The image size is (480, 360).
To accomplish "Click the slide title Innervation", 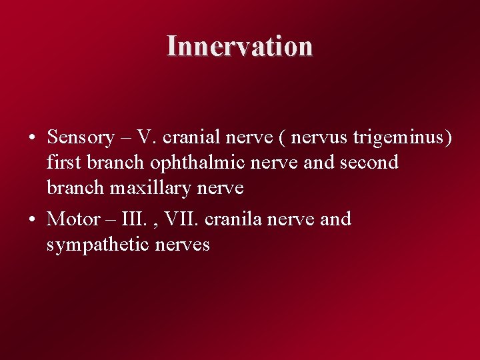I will pos(239,46).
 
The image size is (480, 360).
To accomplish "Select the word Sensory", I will pos(81,137).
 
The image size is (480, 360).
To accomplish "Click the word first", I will pos(63,163).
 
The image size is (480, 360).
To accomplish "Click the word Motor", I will pos(73,219).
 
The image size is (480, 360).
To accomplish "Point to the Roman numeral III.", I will pos(137,219).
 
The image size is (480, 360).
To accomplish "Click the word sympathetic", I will pos(98,245).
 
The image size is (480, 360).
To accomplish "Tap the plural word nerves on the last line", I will pos(182,245).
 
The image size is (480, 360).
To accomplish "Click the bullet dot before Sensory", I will pos(32,139).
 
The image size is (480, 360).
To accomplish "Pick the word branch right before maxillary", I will pos(76,188).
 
